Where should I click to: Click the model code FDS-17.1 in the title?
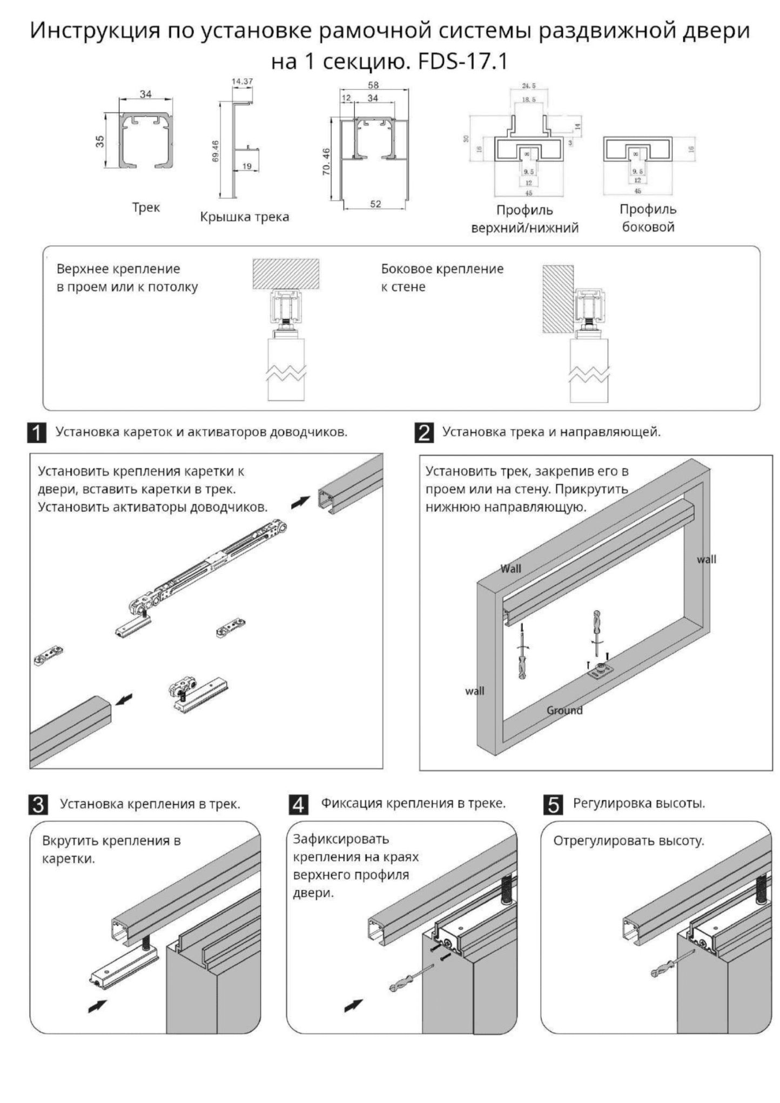[x=463, y=61]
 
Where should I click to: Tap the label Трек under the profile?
[x=146, y=208]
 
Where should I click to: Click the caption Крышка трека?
[x=244, y=217]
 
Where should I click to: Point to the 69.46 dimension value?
[x=215, y=151]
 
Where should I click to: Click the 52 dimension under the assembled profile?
[x=375, y=204]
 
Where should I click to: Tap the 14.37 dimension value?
[x=242, y=82]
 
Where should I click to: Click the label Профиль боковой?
[x=648, y=218]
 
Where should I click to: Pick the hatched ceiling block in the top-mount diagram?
[x=286, y=274]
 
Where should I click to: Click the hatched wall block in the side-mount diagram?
[x=557, y=298]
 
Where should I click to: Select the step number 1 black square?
[x=37, y=434]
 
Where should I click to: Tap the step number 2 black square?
[x=424, y=433]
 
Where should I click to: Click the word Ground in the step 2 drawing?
[x=564, y=710]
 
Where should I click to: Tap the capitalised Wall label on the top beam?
[x=510, y=569]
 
